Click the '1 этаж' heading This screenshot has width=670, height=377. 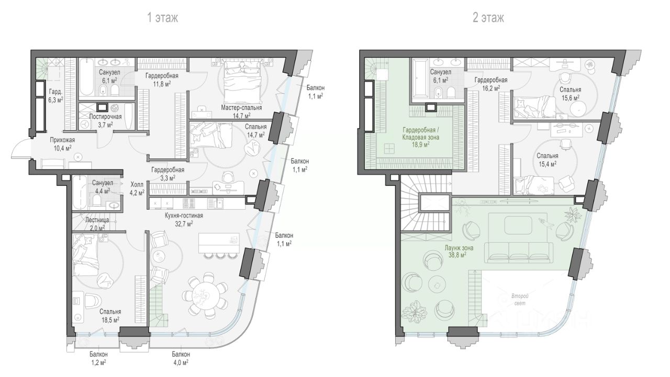coord(163,18)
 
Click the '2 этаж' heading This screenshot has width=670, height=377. coord(488,18)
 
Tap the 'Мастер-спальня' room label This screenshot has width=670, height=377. coord(241,108)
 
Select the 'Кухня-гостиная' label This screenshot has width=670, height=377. coord(184,215)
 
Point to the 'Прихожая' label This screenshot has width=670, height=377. coord(62,140)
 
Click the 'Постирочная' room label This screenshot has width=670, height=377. coord(106,117)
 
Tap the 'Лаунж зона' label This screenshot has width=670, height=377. coord(459,248)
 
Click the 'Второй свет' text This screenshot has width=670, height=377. coord(520,300)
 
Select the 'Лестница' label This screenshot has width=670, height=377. coord(97,220)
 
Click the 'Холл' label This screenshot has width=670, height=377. coord(137,185)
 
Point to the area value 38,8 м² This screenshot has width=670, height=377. coord(458,255)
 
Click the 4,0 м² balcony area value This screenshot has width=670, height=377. coord(181,363)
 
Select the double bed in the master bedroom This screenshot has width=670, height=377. coord(242,81)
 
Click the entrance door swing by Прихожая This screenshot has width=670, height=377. coord(20,149)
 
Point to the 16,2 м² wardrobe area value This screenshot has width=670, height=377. coord(491,88)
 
